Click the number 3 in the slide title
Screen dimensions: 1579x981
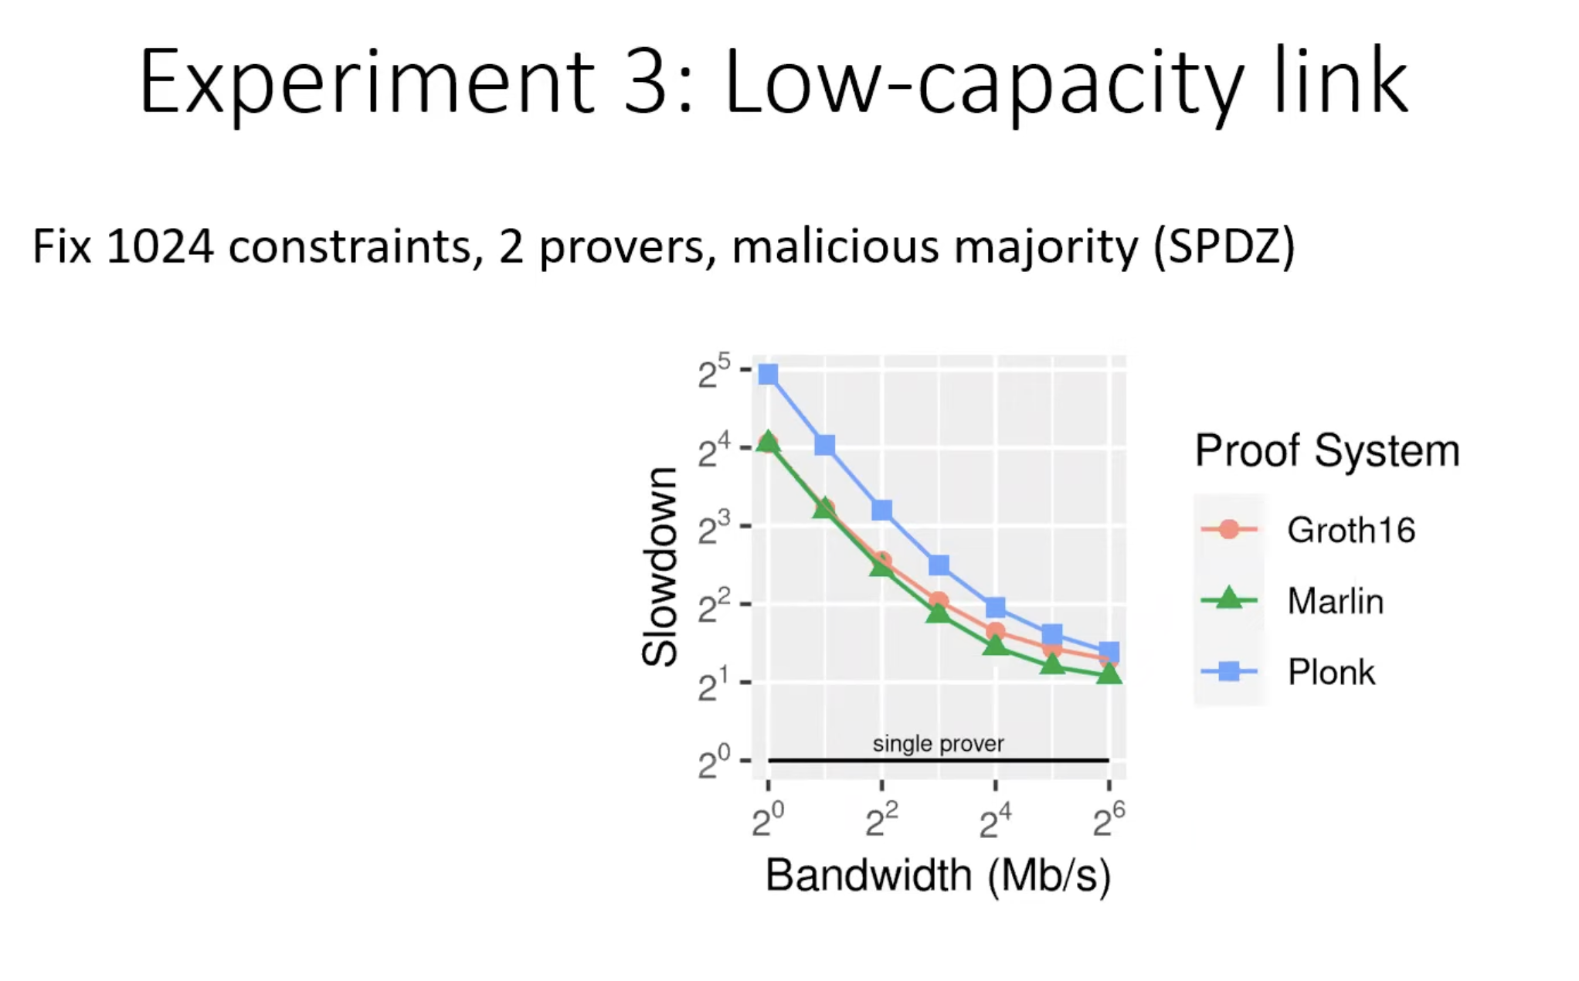(x=645, y=82)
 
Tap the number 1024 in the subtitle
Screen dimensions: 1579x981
(x=160, y=246)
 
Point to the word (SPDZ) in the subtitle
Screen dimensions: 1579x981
(x=1224, y=247)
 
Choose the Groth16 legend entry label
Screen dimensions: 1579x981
(x=1351, y=530)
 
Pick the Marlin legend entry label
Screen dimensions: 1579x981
(x=1335, y=601)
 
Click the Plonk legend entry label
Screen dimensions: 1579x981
(x=1331, y=672)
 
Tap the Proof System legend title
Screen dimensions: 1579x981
(x=1327, y=450)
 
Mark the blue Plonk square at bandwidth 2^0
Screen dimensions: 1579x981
(x=768, y=375)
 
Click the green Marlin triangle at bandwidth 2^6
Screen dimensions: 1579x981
(x=1109, y=674)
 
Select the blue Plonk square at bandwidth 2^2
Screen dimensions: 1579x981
(x=881, y=510)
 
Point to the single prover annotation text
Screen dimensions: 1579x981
(x=938, y=744)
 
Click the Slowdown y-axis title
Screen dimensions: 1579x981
(x=660, y=566)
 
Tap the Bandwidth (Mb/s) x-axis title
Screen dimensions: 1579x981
(x=938, y=876)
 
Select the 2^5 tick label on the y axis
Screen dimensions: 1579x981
(x=714, y=372)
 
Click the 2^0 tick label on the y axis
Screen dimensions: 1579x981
(x=714, y=762)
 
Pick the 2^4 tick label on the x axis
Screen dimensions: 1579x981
(x=995, y=820)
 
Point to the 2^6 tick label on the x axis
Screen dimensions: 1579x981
(x=1109, y=820)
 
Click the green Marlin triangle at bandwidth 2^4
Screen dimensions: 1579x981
(x=995, y=643)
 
